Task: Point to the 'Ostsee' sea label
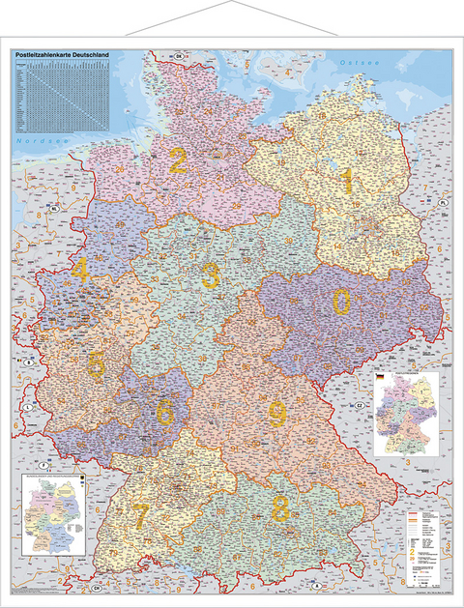[361, 63]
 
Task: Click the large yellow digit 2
[178, 160]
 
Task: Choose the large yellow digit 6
[164, 412]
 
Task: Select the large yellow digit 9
[276, 415]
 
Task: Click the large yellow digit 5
[97, 363]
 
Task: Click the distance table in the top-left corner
[68, 97]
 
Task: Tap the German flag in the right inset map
[380, 375]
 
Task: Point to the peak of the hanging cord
[232, 4]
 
